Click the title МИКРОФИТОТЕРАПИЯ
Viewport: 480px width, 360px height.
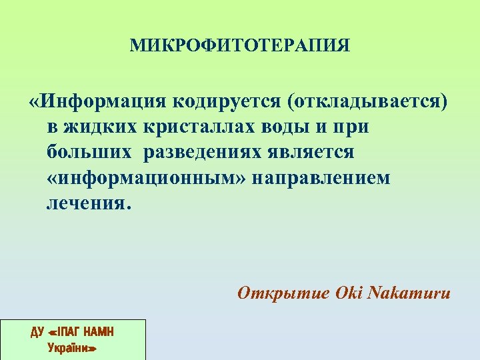tap(240, 45)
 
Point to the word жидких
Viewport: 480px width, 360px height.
tap(101, 127)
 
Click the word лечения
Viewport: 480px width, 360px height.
tap(89, 203)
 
